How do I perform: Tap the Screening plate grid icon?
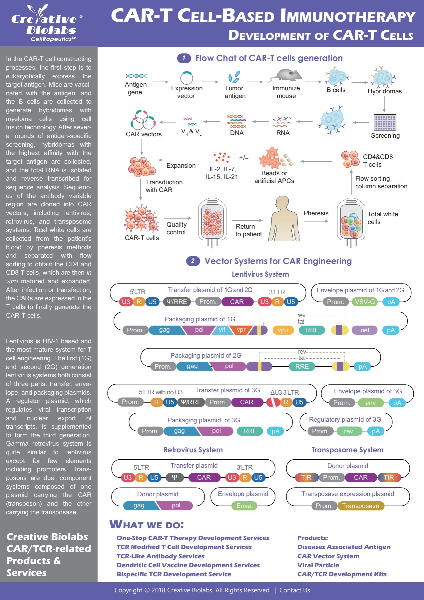pyautogui.click(x=385, y=123)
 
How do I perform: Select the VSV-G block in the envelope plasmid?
pyautogui.click(x=365, y=302)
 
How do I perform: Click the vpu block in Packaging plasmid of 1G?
pyautogui.click(x=283, y=330)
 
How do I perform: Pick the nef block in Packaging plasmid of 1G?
pyautogui.click(x=365, y=330)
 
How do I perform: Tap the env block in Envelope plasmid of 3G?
pyautogui.click(x=370, y=403)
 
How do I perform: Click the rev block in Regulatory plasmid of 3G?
pyautogui.click(x=348, y=431)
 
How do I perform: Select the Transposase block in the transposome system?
pyautogui.click(x=360, y=506)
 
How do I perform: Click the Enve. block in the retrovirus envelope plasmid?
pyautogui.click(x=244, y=506)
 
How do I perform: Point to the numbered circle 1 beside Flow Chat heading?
pyautogui.click(x=184, y=58)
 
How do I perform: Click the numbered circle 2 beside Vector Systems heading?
pyautogui.click(x=193, y=261)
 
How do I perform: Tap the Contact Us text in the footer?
pyautogui.click(x=294, y=590)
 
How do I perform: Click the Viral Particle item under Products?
pyautogui.click(x=318, y=565)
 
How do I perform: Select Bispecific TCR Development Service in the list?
pyautogui.click(x=174, y=574)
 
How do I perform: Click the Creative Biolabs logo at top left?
pyautogui.click(x=47, y=23)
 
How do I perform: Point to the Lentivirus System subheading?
pyautogui.click(x=260, y=274)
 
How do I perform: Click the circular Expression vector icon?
pyautogui.click(x=187, y=78)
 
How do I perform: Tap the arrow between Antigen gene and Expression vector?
pyautogui.click(x=160, y=82)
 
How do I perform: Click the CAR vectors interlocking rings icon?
pyautogui.click(x=143, y=120)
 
